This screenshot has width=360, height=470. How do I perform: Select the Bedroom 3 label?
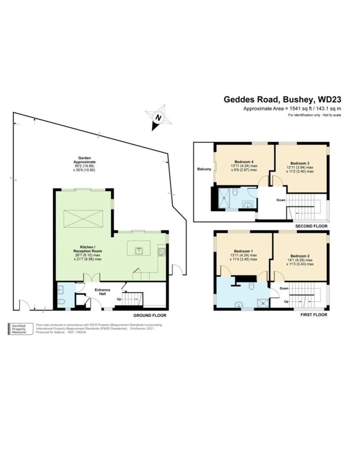click(300, 163)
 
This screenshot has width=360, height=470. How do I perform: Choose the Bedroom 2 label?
click(300, 255)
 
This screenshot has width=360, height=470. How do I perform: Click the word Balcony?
click(204, 169)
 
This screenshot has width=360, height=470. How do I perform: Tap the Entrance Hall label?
click(103, 292)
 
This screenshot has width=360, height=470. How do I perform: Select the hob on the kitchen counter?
click(162, 252)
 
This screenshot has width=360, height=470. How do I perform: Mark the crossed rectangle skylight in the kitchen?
click(83, 218)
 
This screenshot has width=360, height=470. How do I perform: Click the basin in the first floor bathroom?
click(239, 305)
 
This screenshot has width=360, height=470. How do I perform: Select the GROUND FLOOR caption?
click(150, 316)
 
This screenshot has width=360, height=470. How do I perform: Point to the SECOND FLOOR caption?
click(310, 227)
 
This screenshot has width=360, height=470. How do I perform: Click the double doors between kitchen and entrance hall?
click(92, 278)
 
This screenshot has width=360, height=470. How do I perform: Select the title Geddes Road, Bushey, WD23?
click(282, 99)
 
